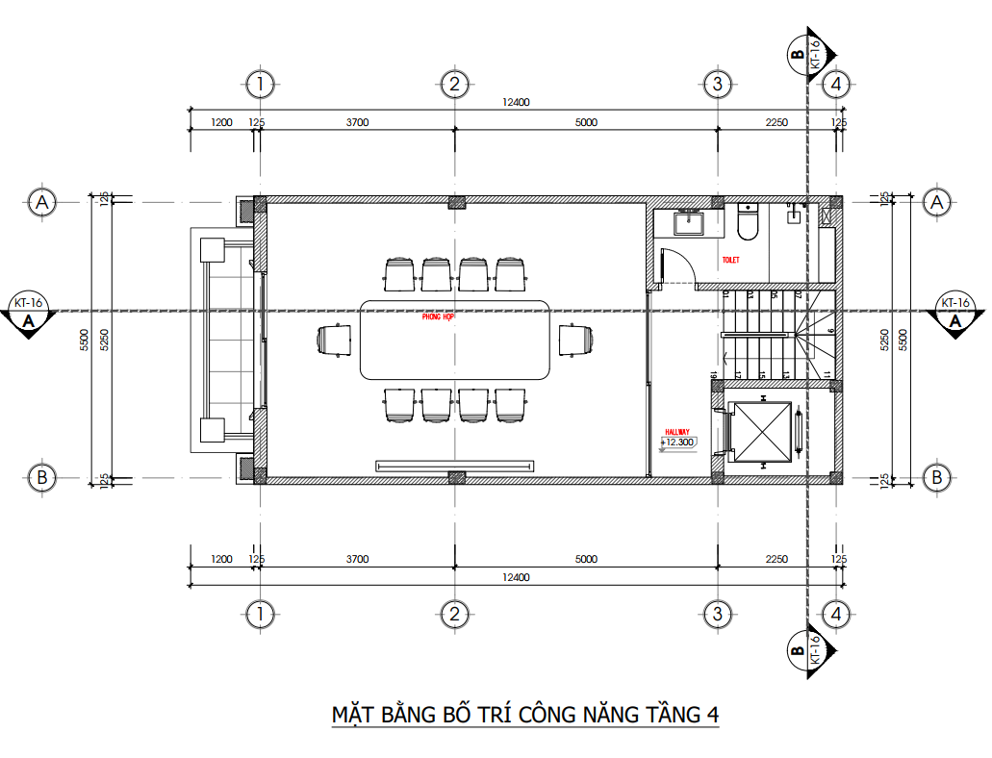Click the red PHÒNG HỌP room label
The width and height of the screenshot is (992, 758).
click(438, 316)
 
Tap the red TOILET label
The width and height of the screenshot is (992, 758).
click(731, 261)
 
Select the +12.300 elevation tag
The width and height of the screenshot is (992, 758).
click(679, 442)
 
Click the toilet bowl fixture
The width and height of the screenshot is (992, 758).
click(748, 222)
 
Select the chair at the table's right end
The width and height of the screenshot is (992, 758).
click(575, 340)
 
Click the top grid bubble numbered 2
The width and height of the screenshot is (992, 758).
click(454, 85)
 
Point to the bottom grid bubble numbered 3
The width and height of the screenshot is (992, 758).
click(715, 613)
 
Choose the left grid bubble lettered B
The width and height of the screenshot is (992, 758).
click(40, 477)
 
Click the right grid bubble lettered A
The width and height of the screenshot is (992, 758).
click(936, 202)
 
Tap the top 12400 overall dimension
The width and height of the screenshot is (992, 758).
click(516, 103)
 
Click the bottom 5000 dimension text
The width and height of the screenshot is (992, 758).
click(586, 559)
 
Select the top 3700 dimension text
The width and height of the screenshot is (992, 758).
click(357, 122)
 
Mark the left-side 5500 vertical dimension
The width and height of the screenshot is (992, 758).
click(85, 340)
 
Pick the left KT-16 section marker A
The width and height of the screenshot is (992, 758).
click(28, 314)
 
